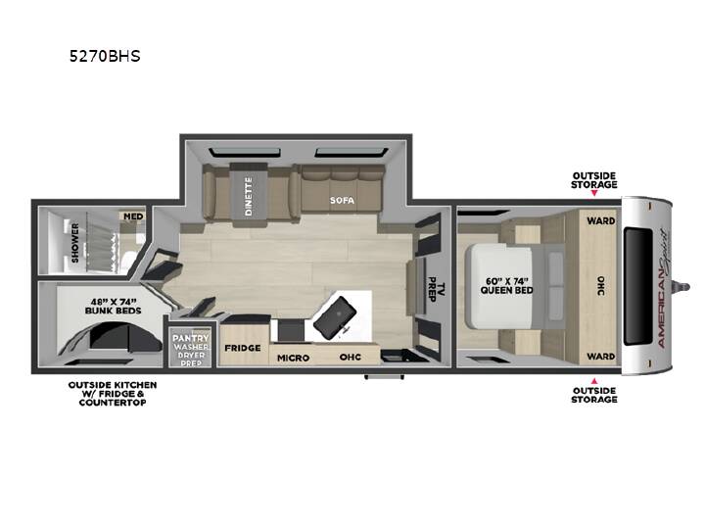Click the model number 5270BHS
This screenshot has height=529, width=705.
tap(105, 56)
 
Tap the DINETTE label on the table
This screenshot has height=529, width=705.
tap(249, 196)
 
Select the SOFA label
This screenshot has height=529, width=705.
tap(342, 200)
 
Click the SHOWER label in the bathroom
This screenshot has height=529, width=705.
tap(75, 243)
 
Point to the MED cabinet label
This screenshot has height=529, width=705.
tap(133, 216)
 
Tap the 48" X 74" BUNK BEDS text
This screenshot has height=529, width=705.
tap(113, 306)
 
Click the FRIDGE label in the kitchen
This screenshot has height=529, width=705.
tap(243, 348)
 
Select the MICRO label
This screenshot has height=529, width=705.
tap(293, 359)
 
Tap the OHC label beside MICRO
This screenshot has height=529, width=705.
tap(351, 358)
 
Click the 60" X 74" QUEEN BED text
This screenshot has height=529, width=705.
tap(507, 286)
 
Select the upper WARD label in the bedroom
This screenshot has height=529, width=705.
tap(600, 220)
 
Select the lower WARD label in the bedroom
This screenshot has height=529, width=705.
tap(600, 357)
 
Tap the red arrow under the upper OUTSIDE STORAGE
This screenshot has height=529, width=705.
tap(594, 193)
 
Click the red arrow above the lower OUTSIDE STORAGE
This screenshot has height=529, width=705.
tap(594, 381)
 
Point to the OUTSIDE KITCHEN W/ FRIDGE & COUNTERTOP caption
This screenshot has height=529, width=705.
tap(113, 394)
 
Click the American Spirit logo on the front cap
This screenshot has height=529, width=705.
tap(663, 288)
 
